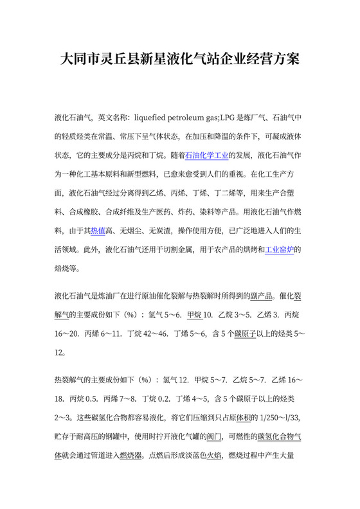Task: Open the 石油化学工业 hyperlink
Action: click(x=208, y=155)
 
